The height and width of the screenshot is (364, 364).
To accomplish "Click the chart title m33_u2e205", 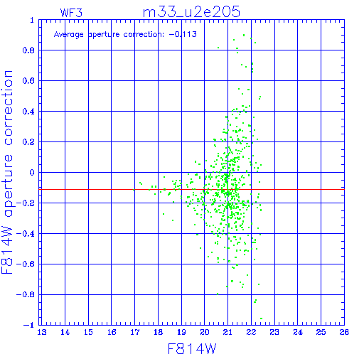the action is [191, 12].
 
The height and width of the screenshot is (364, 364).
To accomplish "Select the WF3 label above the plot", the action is [71, 13].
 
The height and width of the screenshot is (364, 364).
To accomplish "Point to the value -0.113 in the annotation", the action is [183, 34].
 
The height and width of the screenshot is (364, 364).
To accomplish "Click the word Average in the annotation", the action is [69, 35].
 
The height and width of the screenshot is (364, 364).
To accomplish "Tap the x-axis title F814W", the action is [192, 348].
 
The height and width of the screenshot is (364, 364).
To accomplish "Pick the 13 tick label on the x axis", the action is [42, 332].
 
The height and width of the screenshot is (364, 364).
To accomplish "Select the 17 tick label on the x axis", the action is [135, 332].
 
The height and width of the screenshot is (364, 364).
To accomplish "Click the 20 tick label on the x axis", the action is [205, 332].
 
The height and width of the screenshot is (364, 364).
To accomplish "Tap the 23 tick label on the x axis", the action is [274, 332].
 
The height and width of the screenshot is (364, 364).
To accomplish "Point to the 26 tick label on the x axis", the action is [344, 332].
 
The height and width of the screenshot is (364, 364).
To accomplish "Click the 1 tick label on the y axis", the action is [32, 20].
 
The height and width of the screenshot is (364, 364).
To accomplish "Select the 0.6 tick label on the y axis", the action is [28, 81].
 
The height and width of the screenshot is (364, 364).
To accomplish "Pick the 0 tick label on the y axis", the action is [32, 173].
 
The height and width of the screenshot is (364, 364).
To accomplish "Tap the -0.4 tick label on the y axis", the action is [26, 234].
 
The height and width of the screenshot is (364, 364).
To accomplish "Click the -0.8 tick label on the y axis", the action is [26, 294].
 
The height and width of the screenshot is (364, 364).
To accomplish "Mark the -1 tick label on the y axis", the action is [29, 325].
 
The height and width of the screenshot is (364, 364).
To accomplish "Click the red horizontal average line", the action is [191, 189].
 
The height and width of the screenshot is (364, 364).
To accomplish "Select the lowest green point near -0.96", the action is [261, 318].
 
